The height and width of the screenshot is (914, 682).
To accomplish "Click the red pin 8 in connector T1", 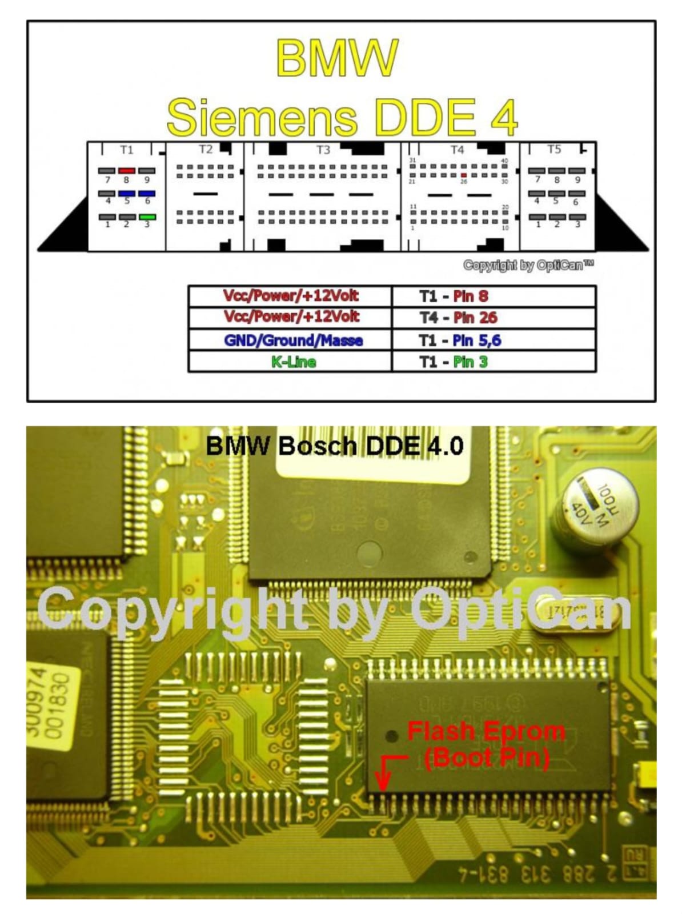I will [126, 171].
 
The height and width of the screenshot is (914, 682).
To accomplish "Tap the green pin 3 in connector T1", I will [147, 217].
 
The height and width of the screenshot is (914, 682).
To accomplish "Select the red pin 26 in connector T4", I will [464, 175].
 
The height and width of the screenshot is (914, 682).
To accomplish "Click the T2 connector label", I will [206, 150].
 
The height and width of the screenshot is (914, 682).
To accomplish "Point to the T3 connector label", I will [323, 150].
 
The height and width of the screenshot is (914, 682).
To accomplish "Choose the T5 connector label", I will [554, 150].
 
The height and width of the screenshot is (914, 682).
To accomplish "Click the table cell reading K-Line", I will [293, 362].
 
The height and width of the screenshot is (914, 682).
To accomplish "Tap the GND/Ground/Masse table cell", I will [293, 340].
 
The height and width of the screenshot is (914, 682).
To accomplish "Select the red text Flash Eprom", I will [486, 731].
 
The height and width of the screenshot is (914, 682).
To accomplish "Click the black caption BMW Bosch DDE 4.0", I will [334, 446].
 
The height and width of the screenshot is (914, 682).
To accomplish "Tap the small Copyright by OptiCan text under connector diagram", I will [528, 265].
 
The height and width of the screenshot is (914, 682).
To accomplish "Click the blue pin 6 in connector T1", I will [147, 194].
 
